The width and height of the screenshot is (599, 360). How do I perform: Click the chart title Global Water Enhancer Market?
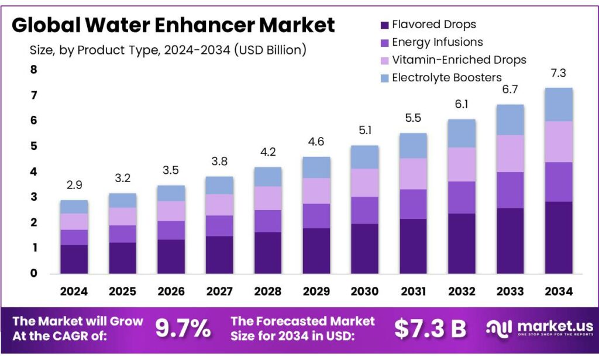coord(173,25)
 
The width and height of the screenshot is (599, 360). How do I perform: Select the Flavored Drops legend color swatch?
coord(384,25)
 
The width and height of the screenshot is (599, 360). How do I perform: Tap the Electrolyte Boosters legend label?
coord(447,77)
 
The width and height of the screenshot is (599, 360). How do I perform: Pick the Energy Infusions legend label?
coord(438,42)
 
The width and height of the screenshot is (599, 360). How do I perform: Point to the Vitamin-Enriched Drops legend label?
coord(459,60)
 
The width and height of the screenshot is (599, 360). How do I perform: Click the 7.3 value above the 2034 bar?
coord(558,73)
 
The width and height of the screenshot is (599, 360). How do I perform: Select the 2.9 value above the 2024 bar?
coord(74,186)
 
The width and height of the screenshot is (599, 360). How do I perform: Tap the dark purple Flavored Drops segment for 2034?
coord(558,237)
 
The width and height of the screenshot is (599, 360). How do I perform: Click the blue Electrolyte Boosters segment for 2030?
coord(364,157)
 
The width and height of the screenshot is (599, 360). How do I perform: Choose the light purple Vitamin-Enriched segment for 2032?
coord(462,164)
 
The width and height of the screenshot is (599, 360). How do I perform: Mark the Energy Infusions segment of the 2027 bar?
coord(219,225)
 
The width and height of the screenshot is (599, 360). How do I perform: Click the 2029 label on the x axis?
coord(316,291)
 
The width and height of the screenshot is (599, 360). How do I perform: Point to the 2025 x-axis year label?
coord(122,291)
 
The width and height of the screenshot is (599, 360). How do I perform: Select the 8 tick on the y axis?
coord(33,70)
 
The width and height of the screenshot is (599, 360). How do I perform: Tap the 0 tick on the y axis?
coord(33,273)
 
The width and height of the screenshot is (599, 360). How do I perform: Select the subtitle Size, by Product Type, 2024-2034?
coord(168,50)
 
